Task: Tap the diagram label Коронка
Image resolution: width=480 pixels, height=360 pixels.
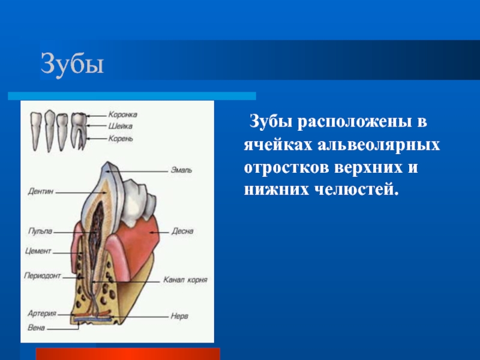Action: (x=122, y=115)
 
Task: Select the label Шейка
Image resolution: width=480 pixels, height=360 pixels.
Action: (x=121, y=126)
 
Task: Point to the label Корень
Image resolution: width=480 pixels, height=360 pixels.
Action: (x=121, y=139)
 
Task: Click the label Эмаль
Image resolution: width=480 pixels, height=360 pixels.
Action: (x=181, y=170)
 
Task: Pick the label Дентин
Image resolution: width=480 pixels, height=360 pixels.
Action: (x=41, y=191)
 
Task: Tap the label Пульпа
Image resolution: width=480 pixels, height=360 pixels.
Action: (x=40, y=231)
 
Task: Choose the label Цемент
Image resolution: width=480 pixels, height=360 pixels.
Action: (x=38, y=251)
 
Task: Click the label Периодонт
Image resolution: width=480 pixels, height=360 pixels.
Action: (x=43, y=275)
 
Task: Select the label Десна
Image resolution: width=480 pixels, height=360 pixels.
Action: (x=182, y=231)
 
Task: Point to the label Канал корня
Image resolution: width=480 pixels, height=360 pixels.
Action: (x=185, y=280)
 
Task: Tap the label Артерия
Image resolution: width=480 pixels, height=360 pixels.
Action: (x=42, y=313)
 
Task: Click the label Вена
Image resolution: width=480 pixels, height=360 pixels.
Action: (x=36, y=328)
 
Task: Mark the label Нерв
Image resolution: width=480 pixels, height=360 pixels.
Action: (x=179, y=316)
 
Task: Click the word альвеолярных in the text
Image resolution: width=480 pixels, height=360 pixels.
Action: (x=379, y=145)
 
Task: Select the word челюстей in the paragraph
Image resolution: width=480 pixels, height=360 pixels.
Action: (x=357, y=189)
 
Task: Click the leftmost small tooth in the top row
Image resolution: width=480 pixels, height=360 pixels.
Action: (x=36, y=131)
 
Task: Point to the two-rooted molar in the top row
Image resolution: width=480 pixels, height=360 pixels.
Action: (x=79, y=131)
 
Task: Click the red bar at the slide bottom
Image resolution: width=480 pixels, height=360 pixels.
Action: (x=128, y=354)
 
